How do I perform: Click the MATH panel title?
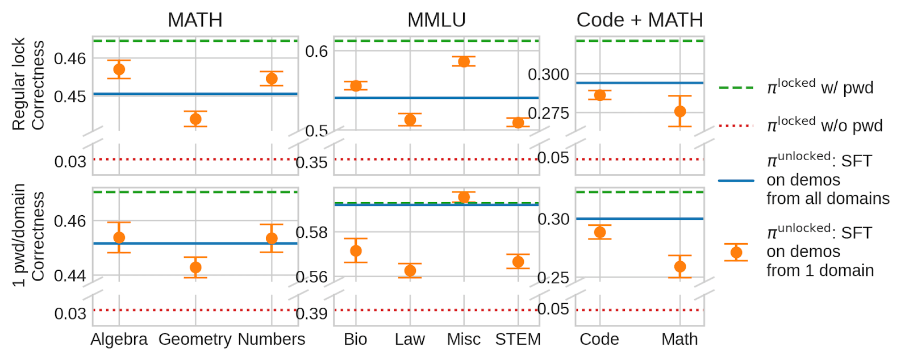195,20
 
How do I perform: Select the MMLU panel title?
436,20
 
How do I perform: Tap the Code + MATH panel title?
640,20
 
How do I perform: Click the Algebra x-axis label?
119,339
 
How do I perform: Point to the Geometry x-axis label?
195,339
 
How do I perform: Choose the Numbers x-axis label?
272,339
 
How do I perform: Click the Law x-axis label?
410,339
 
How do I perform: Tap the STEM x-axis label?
518,339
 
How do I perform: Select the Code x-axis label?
599,339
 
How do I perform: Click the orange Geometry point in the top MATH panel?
195,119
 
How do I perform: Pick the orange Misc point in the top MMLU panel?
464,61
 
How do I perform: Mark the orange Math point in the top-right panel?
680,111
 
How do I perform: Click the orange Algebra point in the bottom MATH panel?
119,237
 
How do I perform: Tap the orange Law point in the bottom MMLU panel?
410,270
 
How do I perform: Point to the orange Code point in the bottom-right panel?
600,232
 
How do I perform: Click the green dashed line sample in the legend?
736,88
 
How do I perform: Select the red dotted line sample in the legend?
736,125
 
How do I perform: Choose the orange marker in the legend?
736,252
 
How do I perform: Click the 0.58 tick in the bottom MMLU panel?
311,232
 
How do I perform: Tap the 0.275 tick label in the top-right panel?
548,113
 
